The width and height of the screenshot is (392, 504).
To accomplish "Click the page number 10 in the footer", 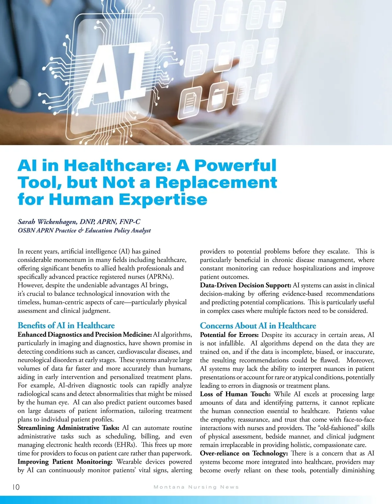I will click(16, 487).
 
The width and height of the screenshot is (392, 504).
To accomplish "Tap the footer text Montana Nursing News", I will click(196, 487).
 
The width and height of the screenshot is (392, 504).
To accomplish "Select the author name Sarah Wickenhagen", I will click(47, 222).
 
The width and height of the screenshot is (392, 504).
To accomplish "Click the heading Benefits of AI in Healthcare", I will click(66, 325).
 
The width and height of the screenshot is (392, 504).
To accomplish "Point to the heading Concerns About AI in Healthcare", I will click(258, 326).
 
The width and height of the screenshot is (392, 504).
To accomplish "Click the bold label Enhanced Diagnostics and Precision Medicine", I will click(85, 334).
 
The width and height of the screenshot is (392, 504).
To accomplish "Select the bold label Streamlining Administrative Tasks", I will click(69, 428).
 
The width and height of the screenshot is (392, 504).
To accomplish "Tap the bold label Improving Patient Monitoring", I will click(65, 462).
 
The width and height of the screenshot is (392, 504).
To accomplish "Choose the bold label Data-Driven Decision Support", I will click(245, 285).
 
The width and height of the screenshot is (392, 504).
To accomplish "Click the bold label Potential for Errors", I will click(229, 335).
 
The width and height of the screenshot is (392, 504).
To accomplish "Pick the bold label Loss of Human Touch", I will click(235, 394).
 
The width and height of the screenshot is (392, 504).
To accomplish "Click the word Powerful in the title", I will click(235, 165).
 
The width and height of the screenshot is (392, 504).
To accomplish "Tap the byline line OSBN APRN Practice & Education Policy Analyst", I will click(84, 230).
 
